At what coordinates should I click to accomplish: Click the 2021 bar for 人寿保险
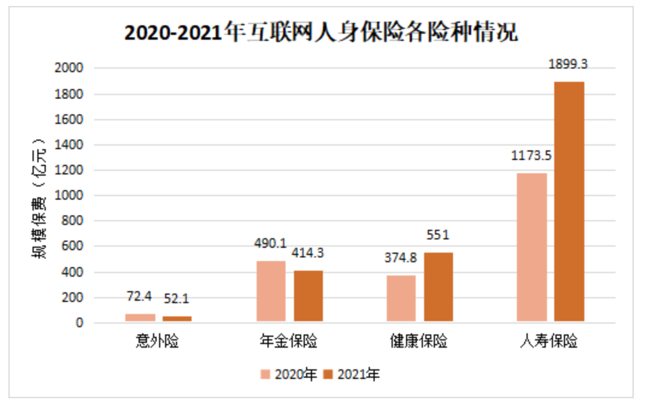569,202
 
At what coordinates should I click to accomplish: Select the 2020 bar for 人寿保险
532,247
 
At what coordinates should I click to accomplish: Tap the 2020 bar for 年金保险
271,291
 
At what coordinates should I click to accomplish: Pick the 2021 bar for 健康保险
438,287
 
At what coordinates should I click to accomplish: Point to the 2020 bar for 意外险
140,318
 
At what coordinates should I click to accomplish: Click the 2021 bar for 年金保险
308,296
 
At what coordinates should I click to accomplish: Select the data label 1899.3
567,63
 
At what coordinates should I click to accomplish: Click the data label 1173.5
531,156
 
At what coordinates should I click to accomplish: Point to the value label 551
438,235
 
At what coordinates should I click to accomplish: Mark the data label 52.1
177,299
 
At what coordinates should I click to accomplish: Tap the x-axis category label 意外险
158,342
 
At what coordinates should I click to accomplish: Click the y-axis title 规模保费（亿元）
40,195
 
